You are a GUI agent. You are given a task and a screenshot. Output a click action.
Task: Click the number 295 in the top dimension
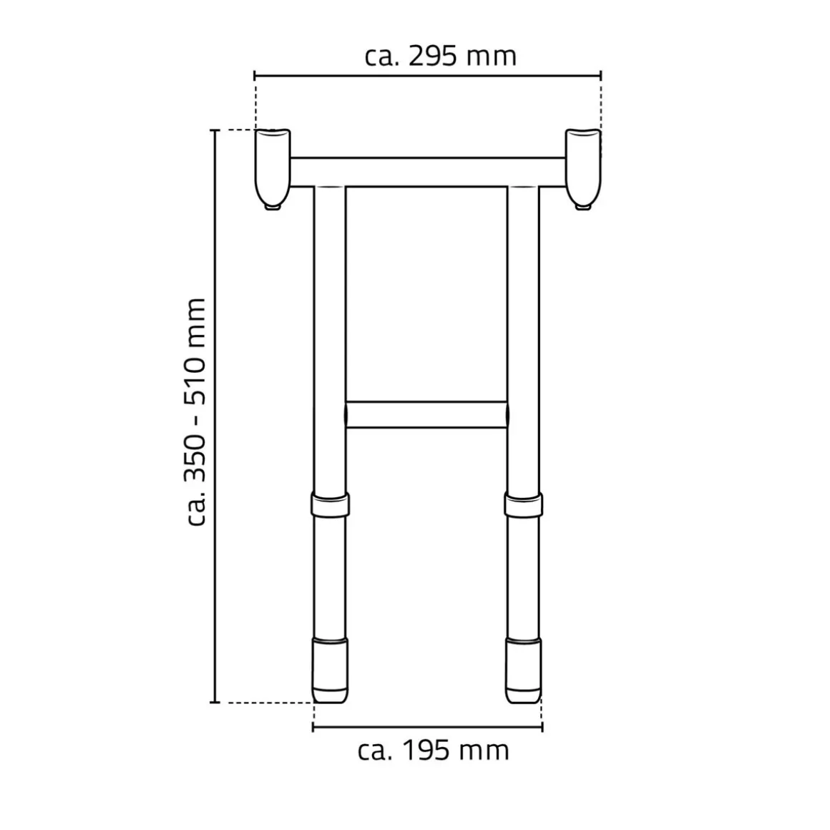click(x=432, y=56)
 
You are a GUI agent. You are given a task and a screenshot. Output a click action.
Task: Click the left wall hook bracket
click(x=273, y=167)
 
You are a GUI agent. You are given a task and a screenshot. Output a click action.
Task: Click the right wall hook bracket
click(x=583, y=167)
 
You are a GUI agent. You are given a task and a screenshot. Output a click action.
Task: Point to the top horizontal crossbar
click(x=428, y=172)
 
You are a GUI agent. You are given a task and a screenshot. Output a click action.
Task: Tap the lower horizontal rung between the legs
click(x=426, y=414)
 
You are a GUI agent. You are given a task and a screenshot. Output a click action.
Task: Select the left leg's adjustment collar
click(x=331, y=506)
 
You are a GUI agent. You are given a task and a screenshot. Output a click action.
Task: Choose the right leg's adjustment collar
click(x=524, y=506)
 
